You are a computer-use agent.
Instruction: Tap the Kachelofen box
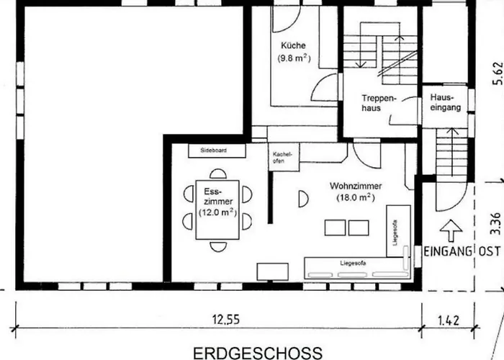[279, 158]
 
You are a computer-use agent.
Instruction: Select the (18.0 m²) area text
[353, 197]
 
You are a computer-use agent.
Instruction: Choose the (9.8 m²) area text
[294, 59]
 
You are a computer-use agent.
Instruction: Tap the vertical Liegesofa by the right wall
[397, 229]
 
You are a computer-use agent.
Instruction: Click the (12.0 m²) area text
[217, 212]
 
